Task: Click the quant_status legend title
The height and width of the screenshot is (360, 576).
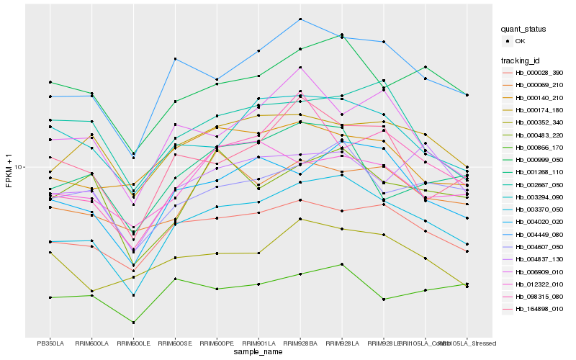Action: click(524, 29)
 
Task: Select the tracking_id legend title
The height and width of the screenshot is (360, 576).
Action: click(522, 60)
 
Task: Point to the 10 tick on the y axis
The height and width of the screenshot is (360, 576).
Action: click(19, 167)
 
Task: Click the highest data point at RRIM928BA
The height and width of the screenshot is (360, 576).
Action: click(300, 19)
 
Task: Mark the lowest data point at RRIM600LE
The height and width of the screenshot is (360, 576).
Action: click(134, 323)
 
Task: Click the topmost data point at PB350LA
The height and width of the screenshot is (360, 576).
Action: click(50, 82)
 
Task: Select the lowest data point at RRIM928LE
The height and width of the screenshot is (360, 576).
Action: click(384, 299)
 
